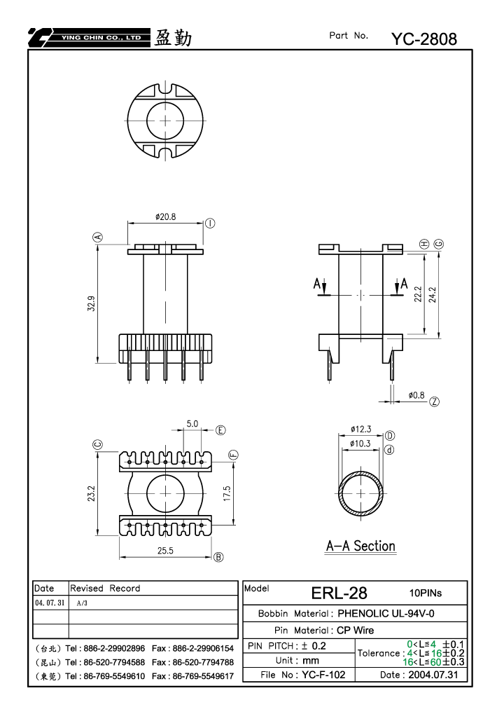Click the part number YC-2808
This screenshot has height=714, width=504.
424,39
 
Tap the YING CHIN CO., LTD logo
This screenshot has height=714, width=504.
89,38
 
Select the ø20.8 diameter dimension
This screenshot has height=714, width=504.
166,217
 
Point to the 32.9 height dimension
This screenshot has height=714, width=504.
92,303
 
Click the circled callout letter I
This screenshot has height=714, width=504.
210,223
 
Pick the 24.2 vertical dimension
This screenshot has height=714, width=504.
433,294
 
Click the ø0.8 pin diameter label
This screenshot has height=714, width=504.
416,395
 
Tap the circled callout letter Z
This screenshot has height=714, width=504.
435,401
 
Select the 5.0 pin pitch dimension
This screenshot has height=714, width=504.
192,423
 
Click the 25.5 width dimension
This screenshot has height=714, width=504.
166,551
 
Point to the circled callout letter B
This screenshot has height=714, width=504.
218,557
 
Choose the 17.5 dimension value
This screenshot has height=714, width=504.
227,493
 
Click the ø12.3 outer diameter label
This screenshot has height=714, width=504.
360,429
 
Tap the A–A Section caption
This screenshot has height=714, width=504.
360,546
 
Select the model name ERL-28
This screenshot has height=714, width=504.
339,593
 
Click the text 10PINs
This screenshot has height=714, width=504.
426,593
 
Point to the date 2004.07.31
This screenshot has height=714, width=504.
433,675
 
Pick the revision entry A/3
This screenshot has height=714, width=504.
82,603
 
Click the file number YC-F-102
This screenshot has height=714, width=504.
323,675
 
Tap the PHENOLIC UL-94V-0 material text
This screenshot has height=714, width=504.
386,613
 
